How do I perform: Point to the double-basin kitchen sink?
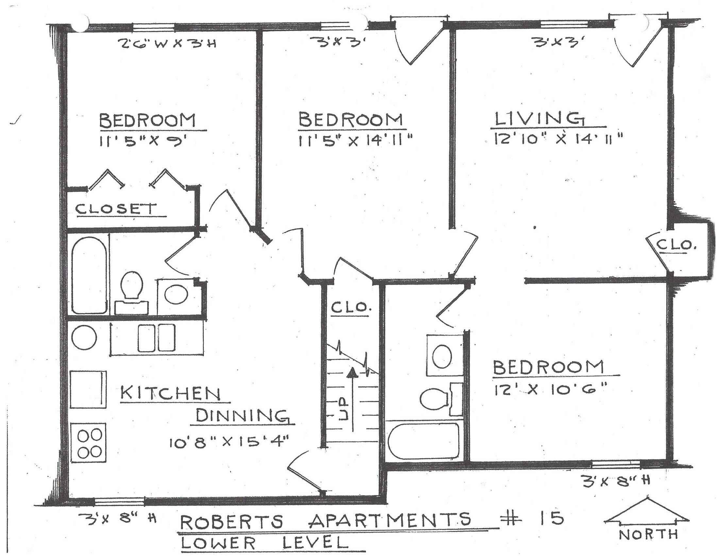pos(156,338)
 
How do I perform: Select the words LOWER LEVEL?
pos(264,542)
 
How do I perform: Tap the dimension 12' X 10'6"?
pos(550,390)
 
